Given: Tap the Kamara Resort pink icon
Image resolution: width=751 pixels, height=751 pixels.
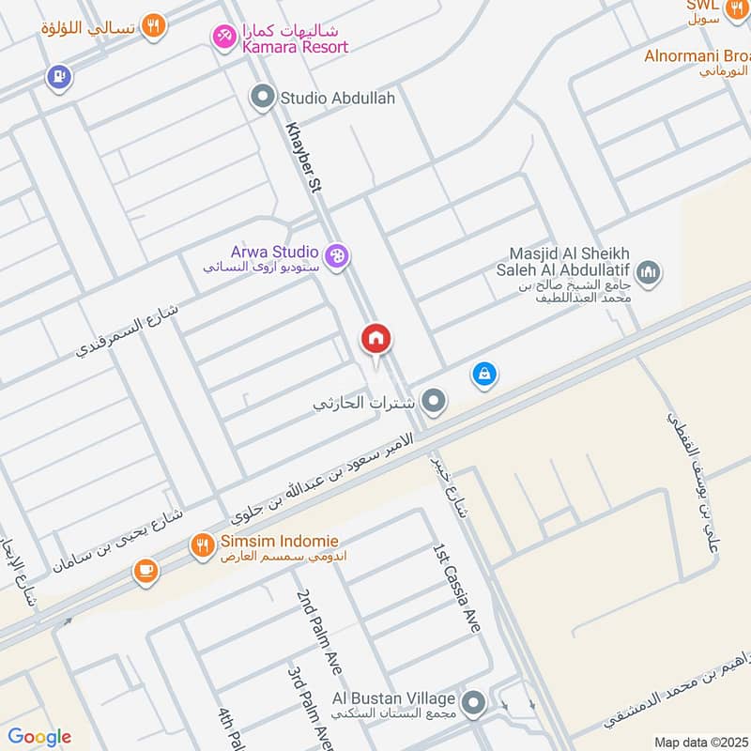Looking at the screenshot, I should click(x=224, y=38).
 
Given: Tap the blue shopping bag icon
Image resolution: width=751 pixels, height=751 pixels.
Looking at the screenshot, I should click(x=483, y=375).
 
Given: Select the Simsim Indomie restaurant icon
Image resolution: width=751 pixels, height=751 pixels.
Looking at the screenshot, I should click(x=202, y=544).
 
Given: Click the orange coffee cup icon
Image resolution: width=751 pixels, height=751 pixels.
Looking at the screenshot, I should click(x=146, y=571).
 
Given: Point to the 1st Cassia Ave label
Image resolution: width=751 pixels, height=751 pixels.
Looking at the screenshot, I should click(x=456, y=587).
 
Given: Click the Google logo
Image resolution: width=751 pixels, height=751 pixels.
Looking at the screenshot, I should click(x=39, y=737).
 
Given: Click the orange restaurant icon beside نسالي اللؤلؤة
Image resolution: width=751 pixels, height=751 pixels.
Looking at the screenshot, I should click(x=155, y=26).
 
